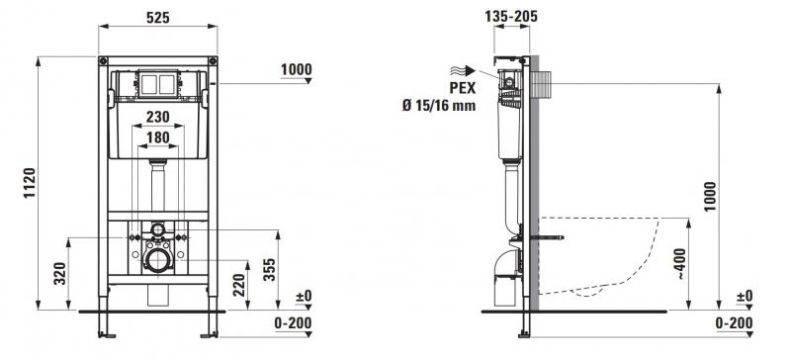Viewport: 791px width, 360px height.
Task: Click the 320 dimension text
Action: pos(61,272)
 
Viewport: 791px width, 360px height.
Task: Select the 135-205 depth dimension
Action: pos(512,16)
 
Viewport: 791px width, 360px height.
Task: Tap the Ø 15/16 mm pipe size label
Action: pos(438,105)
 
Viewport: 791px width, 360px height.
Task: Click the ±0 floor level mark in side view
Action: pos(745,296)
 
